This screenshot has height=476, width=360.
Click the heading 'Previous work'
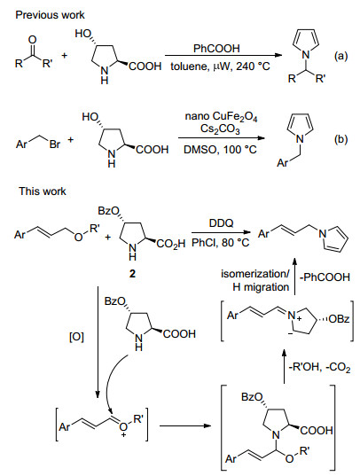click(50, 15)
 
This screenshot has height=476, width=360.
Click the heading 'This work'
click(43, 191)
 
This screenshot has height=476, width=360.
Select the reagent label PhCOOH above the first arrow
click(216, 49)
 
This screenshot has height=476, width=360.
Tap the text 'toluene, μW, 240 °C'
click(220, 66)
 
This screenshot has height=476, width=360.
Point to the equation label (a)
click(340, 56)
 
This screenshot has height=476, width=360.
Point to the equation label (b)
click(340, 139)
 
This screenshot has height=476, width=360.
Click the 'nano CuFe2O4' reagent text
click(221, 117)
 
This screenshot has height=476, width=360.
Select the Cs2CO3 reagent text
click(220, 129)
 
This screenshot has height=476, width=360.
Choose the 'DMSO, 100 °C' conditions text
click(220, 149)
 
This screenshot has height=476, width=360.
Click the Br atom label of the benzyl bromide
click(55, 144)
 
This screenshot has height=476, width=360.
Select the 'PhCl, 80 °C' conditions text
click(221, 242)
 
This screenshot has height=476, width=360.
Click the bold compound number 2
click(132, 274)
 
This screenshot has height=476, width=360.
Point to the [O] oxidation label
click(76, 337)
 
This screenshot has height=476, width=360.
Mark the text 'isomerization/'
click(255, 274)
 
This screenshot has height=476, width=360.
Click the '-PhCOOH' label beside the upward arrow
click(325, 277)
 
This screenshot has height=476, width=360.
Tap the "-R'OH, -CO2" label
click(320, 367)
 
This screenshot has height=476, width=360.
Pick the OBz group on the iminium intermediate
click(340, 319)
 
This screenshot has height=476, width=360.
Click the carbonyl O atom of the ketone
click(33, 40)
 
